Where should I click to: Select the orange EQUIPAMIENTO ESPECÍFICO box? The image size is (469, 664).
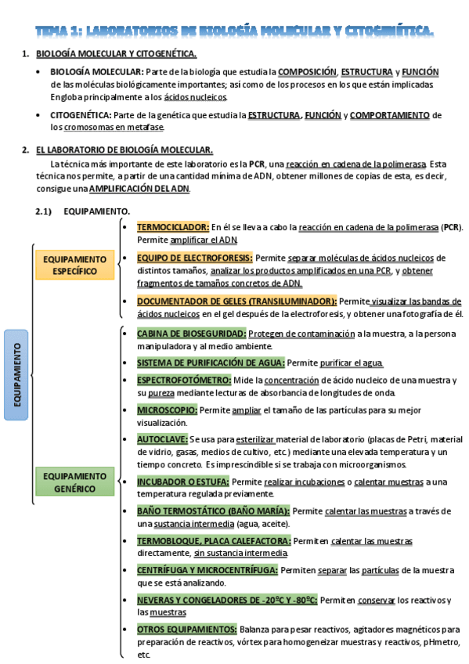pyautogui.click(x=74, y=265)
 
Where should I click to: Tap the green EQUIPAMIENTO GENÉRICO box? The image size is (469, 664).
pyautogui.click(x=74, y=482)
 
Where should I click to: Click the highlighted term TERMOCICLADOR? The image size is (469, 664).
pyautogui.click(x=173, y=227)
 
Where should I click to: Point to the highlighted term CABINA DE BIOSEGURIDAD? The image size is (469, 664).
pyautogui.click(x=191, y=334)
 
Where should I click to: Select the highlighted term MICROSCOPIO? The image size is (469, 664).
pyautogui.click(x=167, y=410)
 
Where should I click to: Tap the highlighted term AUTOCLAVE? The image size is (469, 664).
pyautogui.click(x=161, y=439)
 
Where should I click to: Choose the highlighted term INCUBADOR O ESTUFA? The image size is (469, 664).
pyautogui.click(x=183, y=482)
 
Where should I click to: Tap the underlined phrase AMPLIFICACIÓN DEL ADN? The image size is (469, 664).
pyautogui.click(x=139, y=189)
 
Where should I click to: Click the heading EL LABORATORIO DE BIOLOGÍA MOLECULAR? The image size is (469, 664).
pyautogui.click(x=124, y=150)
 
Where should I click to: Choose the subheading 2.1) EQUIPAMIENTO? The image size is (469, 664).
pyautogui.click(x=82, y=211)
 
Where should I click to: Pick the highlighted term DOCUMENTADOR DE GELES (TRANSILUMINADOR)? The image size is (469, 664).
pyautogui.click(x=236, y=301)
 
